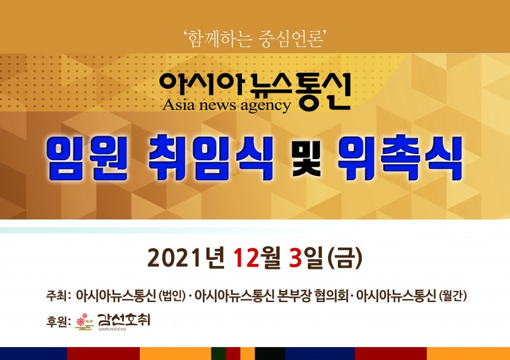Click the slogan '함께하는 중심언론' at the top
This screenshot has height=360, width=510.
(255, 39)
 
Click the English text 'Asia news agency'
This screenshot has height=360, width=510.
(227, 106)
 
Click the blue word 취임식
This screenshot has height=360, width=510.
(211, 159)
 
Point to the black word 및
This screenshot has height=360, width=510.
(307, 158)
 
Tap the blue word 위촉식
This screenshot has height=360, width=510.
(400, 159)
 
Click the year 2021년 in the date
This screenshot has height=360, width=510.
(186, 258)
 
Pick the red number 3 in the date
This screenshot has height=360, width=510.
(295, 258)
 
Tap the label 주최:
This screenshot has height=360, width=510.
(59, 296)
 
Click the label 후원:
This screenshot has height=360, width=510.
(59, 321)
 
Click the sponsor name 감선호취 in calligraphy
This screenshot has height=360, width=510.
(123, 320)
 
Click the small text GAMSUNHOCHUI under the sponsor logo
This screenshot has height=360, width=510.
(112, 329)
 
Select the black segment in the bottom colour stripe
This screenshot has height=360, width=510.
(270, 353)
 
